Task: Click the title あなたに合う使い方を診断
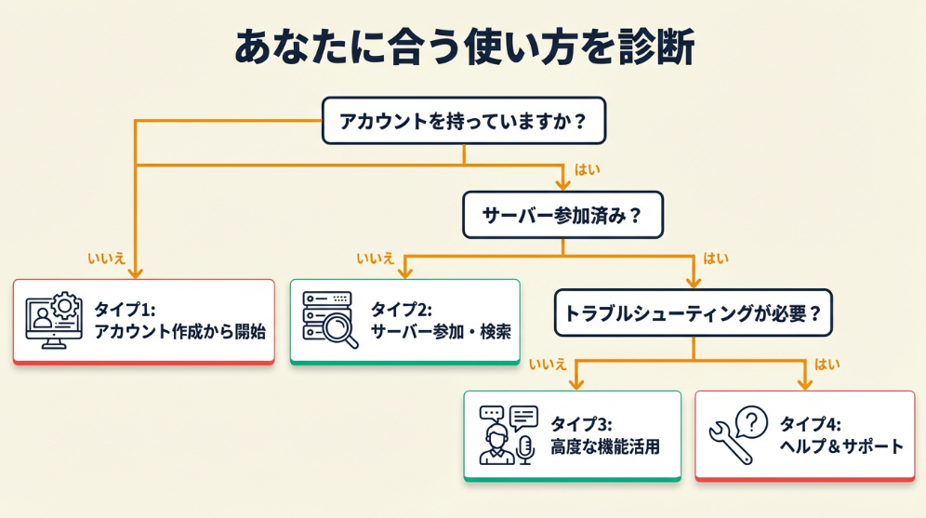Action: tap(463, 46)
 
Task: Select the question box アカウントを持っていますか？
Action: tap(464, 121)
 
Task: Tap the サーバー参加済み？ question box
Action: tap(562, 215)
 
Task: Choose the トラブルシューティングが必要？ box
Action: tap(693, 312)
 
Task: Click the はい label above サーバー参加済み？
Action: tap(588, 169)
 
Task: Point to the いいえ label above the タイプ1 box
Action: tap(106, 258)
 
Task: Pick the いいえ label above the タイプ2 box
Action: tap(376, 258)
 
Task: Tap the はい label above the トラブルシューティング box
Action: tap(716, 258)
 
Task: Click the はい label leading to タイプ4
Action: tap(827, 364)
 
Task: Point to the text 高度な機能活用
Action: tap(605, 446)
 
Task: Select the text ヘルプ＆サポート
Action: tap(840, 446)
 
